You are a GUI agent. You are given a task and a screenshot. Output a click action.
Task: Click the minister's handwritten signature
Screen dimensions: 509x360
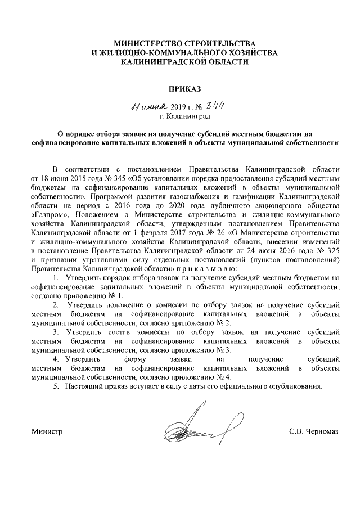click(x=191, y=430)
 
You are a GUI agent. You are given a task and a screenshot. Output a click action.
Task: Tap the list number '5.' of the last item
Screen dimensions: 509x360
click(x=56, y=387)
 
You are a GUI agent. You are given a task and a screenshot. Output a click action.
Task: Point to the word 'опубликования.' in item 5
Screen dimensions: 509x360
click(x=296, y=387)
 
